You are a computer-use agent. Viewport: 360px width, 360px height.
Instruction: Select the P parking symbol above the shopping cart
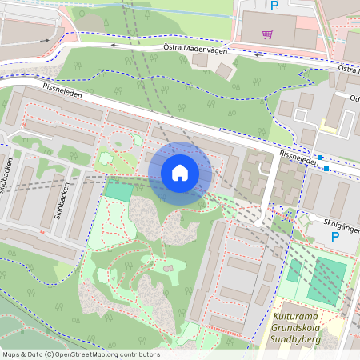274,6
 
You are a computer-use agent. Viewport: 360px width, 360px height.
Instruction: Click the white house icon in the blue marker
180,172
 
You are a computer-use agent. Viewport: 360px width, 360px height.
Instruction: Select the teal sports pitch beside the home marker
118,191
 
